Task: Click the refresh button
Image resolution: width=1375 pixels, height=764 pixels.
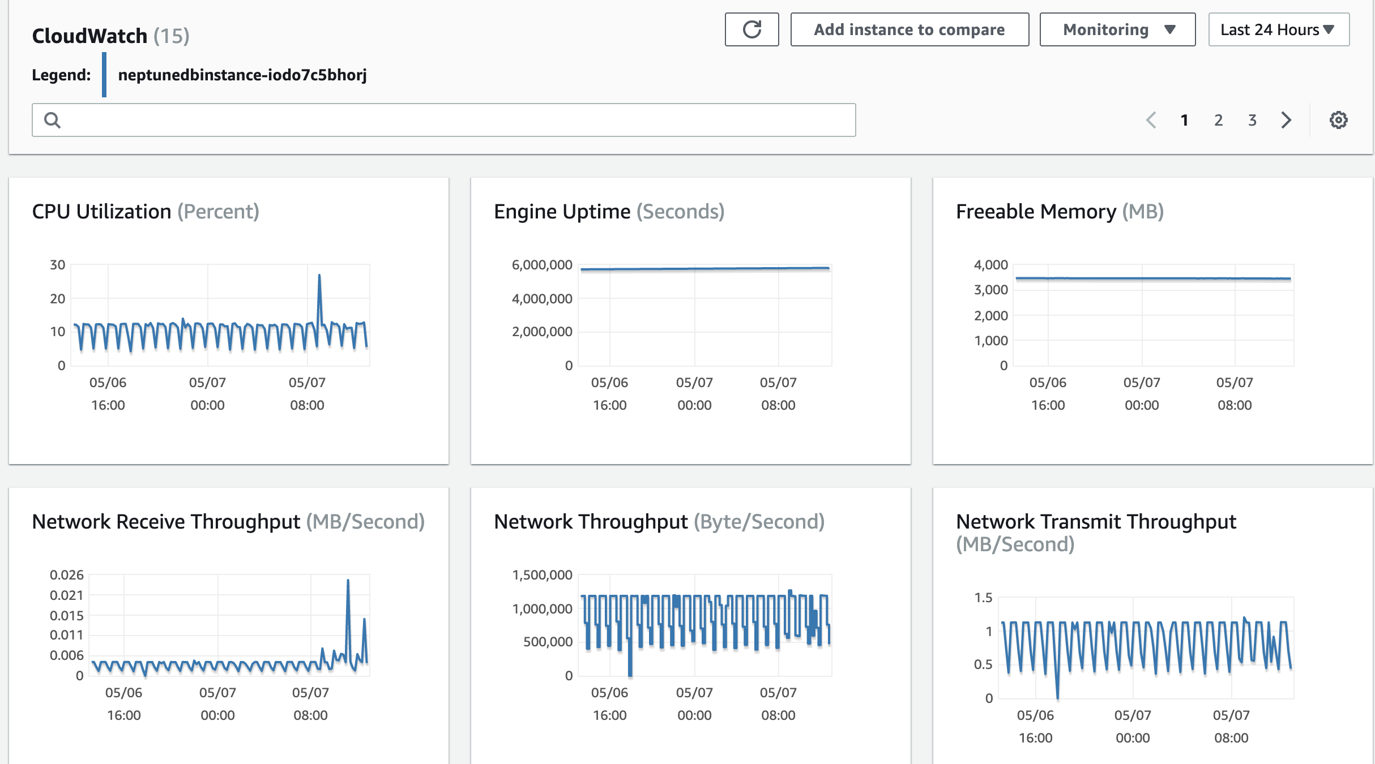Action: pyautogui.click(x=751, y=29)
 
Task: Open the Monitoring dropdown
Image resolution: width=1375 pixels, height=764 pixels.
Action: pyautogui.click(x=1117, y=29)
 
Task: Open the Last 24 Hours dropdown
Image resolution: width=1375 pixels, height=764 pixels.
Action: pyautogui.click(x=1278, y=29)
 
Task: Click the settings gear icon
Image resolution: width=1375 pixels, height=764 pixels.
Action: pyautogui.click(x=1338, y=120)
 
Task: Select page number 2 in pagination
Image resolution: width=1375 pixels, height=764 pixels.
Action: pyautogui.click(x=1218, y=120)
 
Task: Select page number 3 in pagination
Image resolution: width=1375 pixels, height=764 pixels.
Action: pyautogui.click(x=1252, y=120)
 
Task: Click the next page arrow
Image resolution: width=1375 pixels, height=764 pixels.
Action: pyautogui.click(x=1286, y=120)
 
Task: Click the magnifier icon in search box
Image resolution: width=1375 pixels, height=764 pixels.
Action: pyautogui.click(x=52, y=120)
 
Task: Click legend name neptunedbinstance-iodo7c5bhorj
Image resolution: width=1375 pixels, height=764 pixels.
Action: pyautogui.click(x=242, y=75)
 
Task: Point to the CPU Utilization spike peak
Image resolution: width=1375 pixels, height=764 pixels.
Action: pyautogui.click(x=319, y=276)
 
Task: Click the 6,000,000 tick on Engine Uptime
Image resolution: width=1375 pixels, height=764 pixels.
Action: pyautogui.click(x=541, y=265)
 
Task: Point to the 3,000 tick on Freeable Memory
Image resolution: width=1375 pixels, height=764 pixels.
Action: pyautogui.click(x=990, y=290)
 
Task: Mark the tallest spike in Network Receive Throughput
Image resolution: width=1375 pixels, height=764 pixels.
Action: pyautogui.click(x=348, y=581)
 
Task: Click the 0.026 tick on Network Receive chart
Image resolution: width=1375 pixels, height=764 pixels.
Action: pyautogui.click(x=66, y=575)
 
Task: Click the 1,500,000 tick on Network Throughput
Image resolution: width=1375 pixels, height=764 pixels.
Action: pyautogui.click(x=541, y=575)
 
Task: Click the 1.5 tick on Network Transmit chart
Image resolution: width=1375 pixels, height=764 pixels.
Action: pyautogui.click(x=983, y=598)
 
